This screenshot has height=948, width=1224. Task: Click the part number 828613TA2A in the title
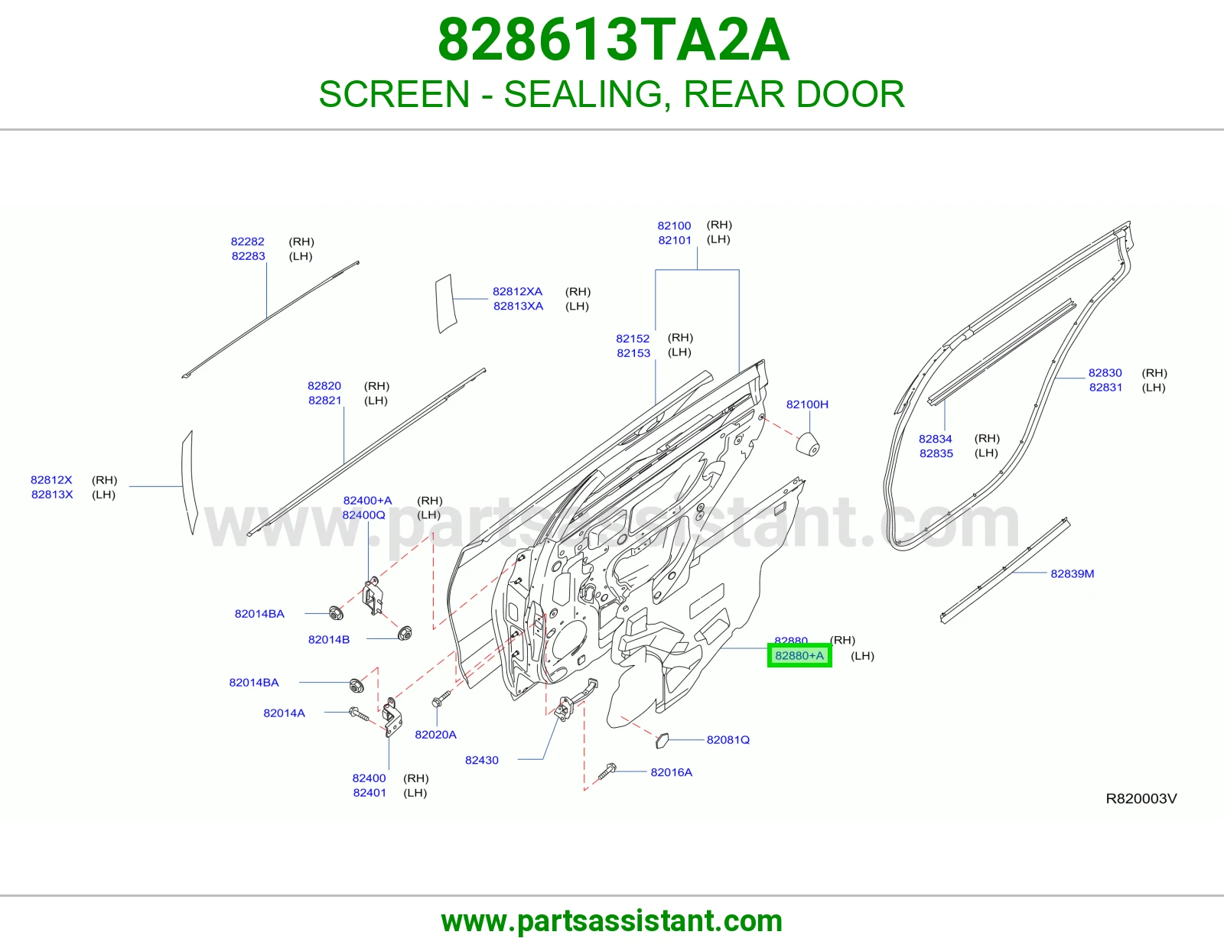tap(614, 40)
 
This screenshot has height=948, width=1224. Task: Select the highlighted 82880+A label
tap(799, 655)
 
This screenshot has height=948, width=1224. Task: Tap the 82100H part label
tap(807, 404)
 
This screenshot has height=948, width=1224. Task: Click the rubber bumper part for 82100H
tap(808, 444)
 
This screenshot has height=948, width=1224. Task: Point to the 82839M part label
tap(1073, 573)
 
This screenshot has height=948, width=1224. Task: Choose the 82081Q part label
tap(728, 740)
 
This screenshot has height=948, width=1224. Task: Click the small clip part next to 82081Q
tap(662, 740)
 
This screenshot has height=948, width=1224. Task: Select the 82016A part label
tap(672, 772)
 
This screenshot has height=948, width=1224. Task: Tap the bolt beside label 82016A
tap(607, 771)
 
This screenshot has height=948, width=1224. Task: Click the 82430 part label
tap(482, 760)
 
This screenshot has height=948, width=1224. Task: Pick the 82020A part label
tap(435, 735)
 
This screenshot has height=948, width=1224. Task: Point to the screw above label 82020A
tap(441, 700)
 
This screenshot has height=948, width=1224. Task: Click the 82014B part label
tap(329, 639)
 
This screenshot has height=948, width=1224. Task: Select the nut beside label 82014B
tap(405, 633)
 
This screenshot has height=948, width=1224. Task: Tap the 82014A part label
tap(285, 713)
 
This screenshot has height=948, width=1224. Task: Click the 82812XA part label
tap(518, 291)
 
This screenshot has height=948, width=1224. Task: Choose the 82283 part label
tap(249, 256)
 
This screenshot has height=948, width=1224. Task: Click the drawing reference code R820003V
tap(1141, 799)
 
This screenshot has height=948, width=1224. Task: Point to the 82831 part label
tap(1105, 388)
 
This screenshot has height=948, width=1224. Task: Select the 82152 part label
tap(633, 339)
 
